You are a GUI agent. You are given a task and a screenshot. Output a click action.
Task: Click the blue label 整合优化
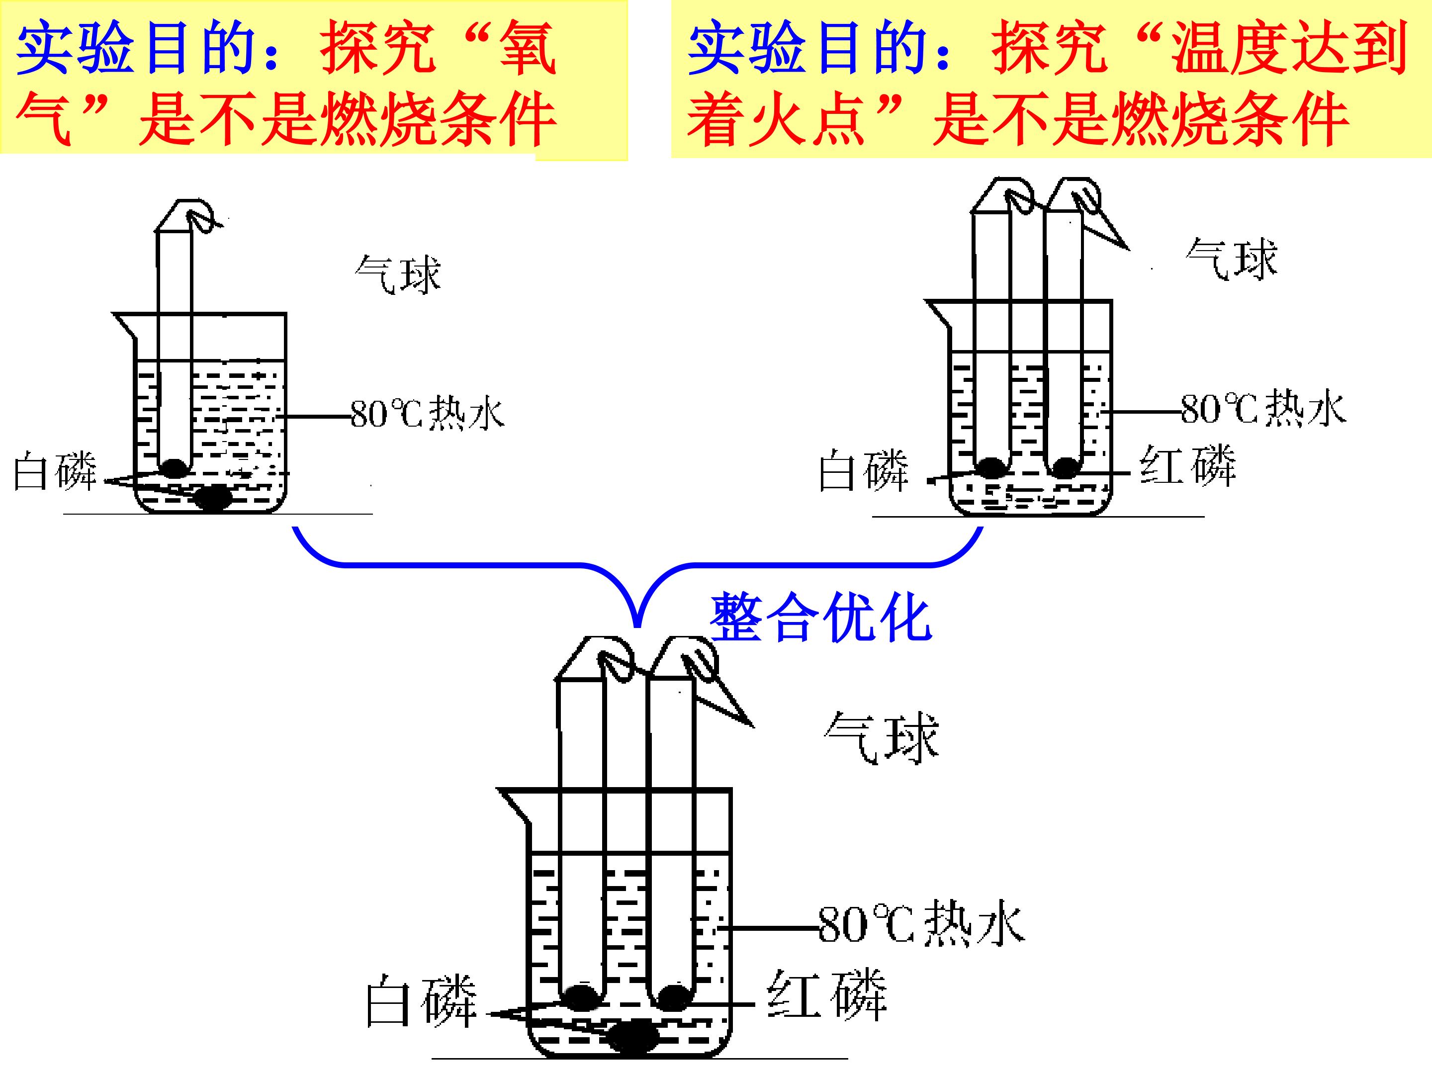click(820, 618)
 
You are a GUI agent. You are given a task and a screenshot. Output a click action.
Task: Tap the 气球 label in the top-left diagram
click(397, 274)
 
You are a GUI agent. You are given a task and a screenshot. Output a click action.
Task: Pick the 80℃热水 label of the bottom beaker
click(920, 924)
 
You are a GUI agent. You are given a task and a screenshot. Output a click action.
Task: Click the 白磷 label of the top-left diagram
click(55, 471)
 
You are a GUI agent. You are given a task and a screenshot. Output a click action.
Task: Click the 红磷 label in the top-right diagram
click(1188, 465)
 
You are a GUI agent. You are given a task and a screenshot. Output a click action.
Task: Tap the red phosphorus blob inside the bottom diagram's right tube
click(673, 996)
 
